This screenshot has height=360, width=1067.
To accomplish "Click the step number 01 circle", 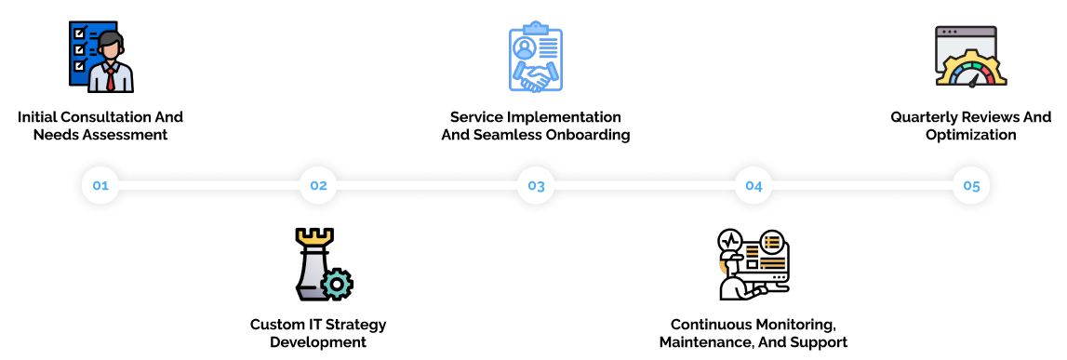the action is (100, 185).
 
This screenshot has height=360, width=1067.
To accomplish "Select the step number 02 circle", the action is (318, 185).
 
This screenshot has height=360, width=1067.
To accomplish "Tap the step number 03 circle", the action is (536, 185).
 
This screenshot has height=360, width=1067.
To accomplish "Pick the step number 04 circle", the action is (754, 185).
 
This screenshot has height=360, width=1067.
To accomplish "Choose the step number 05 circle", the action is (971, 185).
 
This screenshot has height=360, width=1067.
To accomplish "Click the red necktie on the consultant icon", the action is (111, 79).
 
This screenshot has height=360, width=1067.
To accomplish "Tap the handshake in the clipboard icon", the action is (536, 73).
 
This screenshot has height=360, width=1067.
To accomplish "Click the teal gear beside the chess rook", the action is (337, 284).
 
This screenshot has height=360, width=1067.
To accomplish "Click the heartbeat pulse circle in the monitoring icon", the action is (730, 241).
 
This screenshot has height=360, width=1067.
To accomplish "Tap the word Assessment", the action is (125, 135).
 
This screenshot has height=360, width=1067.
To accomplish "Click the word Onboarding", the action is (588, 135).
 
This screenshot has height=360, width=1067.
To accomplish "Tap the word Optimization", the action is (971, 135).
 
